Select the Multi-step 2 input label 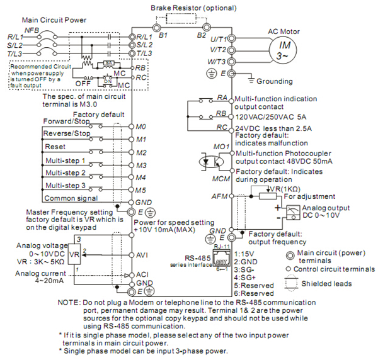point(65,173)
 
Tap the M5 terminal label point(141,189)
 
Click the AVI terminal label point(142,256)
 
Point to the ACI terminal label point(142,276)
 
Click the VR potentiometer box point(74,255)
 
